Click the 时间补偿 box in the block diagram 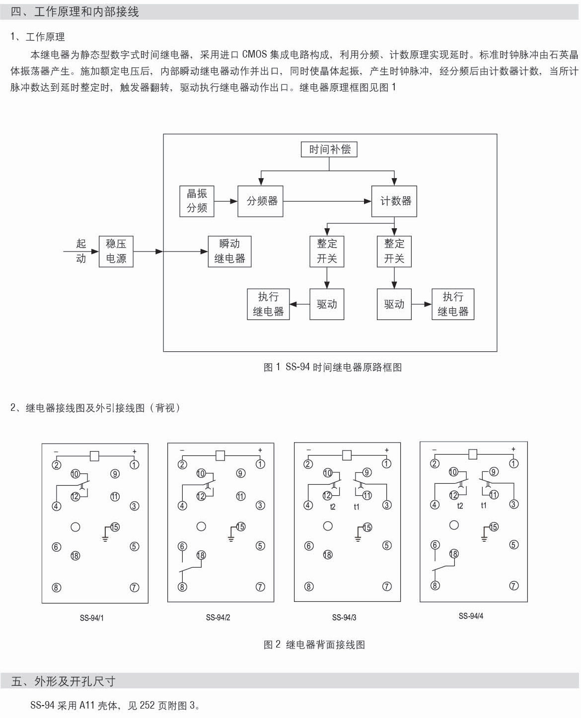pyautogui.click(x=329, y=149)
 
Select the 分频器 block pyautogui.click(x=260, y=201)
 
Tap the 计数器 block pyautogui.click(x=395, y=201)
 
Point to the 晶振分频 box pyautogui.click(x=197, y=201)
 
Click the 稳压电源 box pyautogui.click(x=116, y=252)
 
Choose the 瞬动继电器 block pyautogui.click(x=229, y=252)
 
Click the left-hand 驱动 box pyautogui.click(x=327, y=304)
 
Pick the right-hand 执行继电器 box pyautogui.click(x=453, y=304)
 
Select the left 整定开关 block pyautogui.click(x=327, y=252)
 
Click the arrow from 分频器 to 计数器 pyautogui.click(x=328, y=201)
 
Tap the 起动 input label pyautogui.click(x=81, y=251)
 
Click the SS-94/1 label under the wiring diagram pyautogui.click(x=92, y=618)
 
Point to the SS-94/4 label pyautogui.click(x=471, y=616)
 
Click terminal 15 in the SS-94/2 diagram pyautogui.click(x=241, y=526)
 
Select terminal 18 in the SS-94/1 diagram pyautogui.click(x=75, y=555)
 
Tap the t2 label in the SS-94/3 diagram pyautogui.click(x=333, y=507)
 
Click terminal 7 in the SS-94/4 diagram pyautogui.click(x=514, y=586)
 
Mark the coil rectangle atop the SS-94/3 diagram pyautogui.click(x=347, y=455)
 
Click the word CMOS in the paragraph pyautogui.click(x=254, y=54)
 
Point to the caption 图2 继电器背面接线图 pyautogui.click(x=314, y=645)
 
